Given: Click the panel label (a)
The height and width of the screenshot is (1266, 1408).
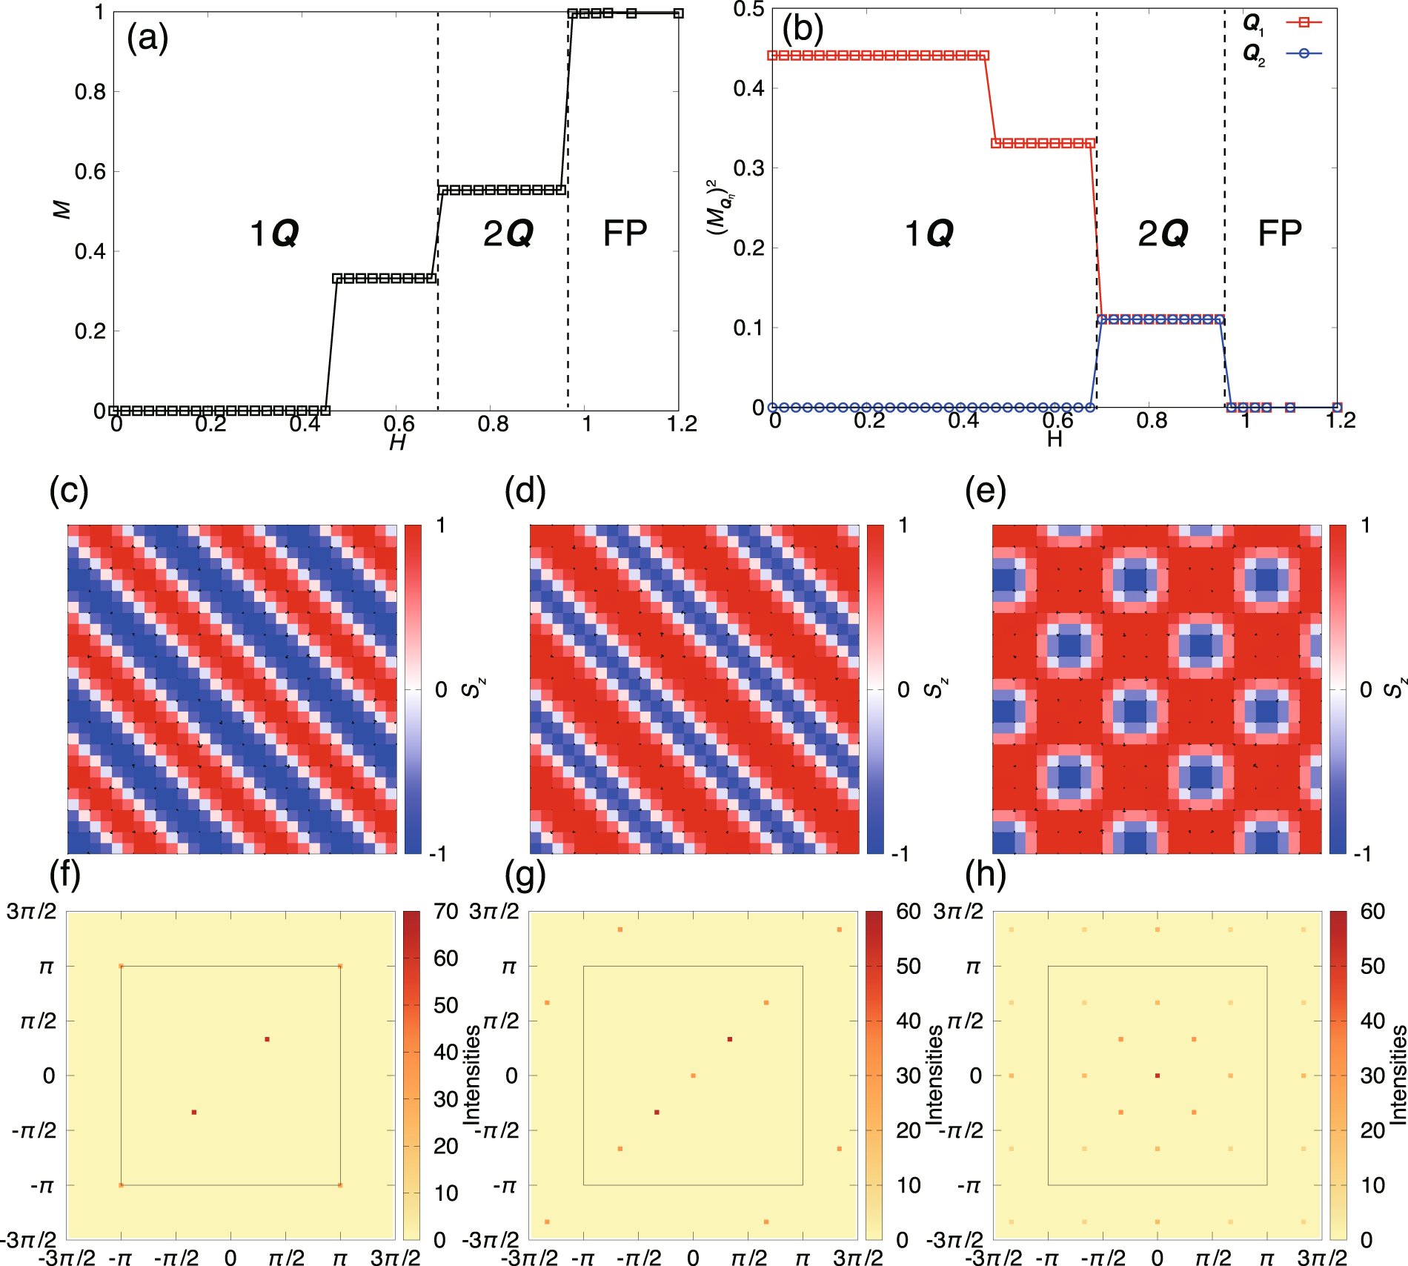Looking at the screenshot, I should coord(147,37).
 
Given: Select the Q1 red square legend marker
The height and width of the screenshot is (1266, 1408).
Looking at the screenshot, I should coord(1304,23).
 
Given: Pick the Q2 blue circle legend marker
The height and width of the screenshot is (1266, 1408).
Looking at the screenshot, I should coord(1304,53).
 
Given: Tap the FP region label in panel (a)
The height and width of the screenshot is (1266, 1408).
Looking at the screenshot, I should coord(625,233).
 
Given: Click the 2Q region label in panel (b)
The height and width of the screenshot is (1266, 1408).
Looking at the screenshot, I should coord(1163,233).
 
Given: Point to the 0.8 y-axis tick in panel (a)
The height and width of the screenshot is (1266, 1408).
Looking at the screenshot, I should coord(90,92).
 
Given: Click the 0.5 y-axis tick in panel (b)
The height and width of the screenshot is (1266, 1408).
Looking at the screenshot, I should coord(748,10).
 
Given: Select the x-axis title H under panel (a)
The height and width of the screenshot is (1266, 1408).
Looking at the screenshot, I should coord(397,443).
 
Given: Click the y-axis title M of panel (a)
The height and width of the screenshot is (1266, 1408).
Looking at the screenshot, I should coord(62,210).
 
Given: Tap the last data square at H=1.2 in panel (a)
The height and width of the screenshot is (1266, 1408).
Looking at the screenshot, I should coord(678,13).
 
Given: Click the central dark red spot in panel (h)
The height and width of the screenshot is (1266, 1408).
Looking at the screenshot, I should coord(1158,1076).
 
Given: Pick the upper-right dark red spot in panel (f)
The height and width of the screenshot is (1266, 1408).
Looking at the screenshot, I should coord(267,1039).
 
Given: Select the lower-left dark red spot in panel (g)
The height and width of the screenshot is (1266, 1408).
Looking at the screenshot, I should coord(657,1112).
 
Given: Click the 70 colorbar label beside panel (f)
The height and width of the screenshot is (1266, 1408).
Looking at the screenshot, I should coord(445,912).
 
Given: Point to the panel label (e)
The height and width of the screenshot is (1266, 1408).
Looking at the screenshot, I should coord(985,491).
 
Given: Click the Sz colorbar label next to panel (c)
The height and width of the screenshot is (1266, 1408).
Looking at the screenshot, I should coord(472,689).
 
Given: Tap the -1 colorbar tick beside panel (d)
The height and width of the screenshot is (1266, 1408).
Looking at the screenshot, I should coord(899,854).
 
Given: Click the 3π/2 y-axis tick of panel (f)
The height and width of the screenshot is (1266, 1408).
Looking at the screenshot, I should coord(31,911).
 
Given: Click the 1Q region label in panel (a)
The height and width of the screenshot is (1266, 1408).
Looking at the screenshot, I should coord(274,233).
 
